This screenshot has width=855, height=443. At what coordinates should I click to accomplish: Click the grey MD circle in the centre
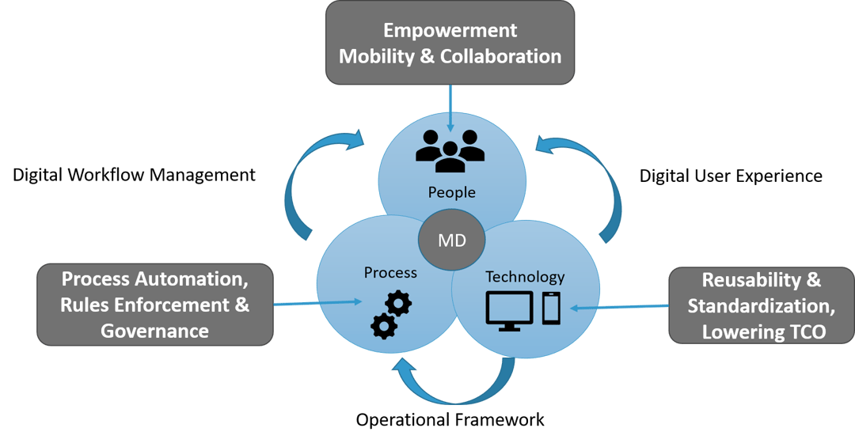[x=452, y=239]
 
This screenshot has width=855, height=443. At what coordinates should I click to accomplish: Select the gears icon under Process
[x=390, y=315]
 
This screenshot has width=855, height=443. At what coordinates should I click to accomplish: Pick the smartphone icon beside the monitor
[x=552, y=308]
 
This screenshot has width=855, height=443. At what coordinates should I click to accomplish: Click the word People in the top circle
[x=451, y=192]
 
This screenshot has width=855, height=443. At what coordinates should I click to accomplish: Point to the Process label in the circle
[x=390, y=272]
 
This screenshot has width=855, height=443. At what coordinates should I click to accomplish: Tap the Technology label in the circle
[x=525, y=277]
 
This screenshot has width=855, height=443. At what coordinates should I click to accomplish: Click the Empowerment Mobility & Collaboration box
[x=450, y=43]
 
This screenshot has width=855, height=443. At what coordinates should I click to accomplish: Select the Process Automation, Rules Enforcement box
[x=155, y=304]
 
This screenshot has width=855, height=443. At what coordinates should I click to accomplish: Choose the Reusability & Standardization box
[x=761, y=305]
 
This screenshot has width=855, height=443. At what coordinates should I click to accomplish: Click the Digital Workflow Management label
[x=134, y=174]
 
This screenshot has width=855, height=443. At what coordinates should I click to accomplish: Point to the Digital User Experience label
[x=731, y=176]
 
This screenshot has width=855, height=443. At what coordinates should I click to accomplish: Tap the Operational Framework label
[x=450, y=419]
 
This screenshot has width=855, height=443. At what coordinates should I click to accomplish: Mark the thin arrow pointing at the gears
[x=317, y=302]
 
